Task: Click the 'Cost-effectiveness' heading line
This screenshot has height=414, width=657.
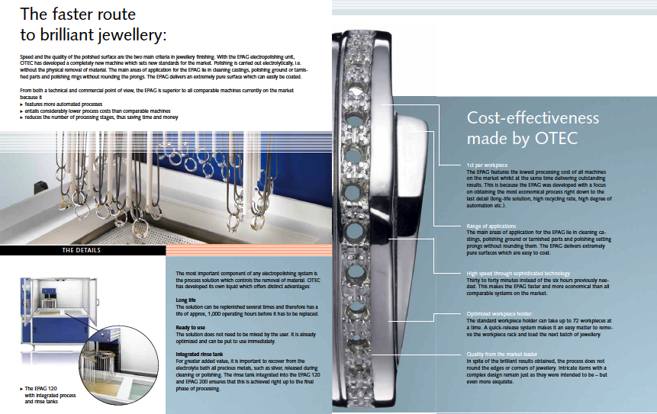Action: pos(533,118)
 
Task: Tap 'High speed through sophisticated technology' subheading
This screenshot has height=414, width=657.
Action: pos(519,273)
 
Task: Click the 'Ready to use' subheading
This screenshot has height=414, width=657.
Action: pos(190,326)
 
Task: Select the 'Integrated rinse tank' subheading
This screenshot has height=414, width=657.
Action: pos(200,352)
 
